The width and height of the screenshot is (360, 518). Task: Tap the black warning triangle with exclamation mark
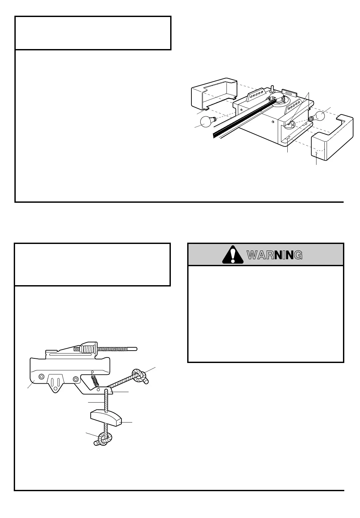[233, 255]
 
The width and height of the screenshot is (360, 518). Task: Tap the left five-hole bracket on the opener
[256, 94]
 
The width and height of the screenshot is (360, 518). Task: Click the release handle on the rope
[106, 418]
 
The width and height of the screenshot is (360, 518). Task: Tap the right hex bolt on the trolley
[76, 379]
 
